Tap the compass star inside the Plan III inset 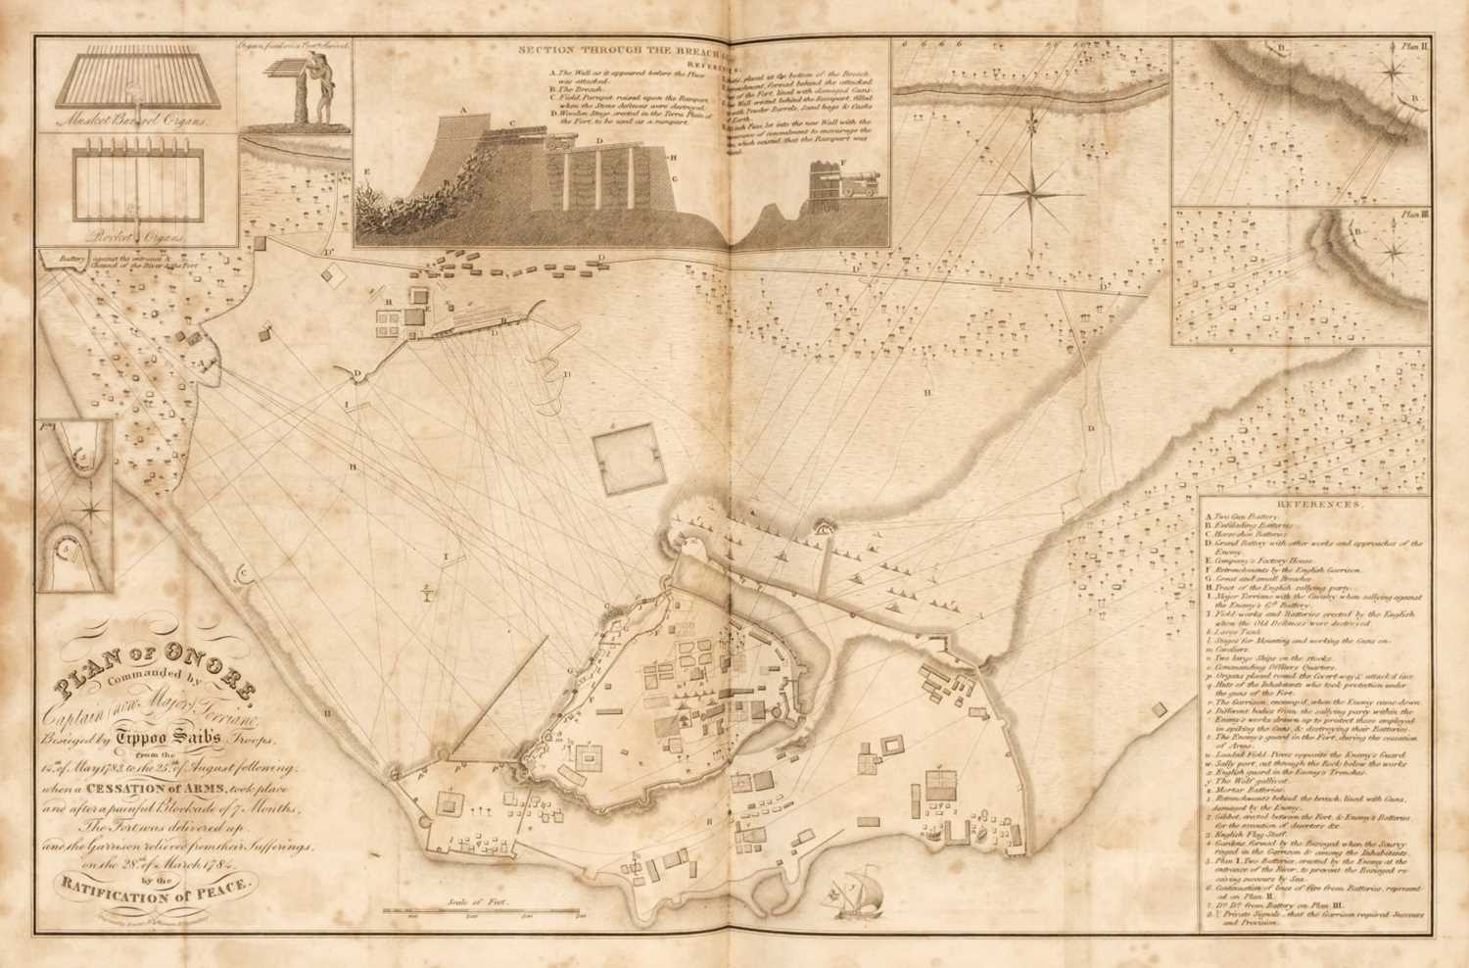point(1391,253)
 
